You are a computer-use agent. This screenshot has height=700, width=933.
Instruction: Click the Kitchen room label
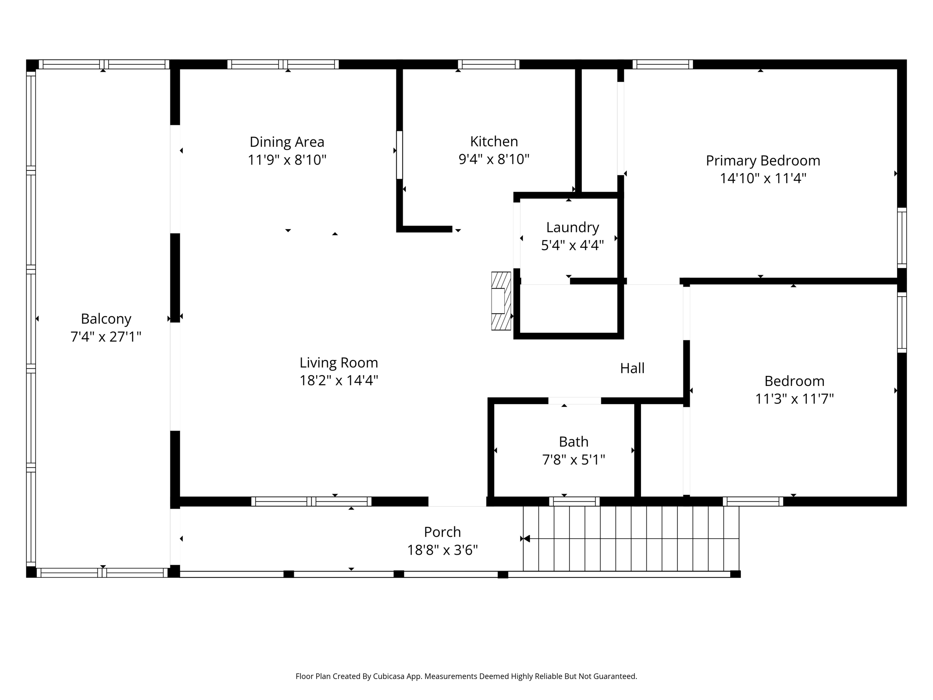coord(494,142)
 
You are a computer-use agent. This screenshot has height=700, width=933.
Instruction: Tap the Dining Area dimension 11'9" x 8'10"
coord(287,160)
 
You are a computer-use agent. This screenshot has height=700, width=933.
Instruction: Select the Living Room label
coord(338,363)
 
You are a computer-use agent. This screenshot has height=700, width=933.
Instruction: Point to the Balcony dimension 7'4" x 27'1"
coord(106,337)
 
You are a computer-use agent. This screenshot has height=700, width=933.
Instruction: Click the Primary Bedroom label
coord(763,160)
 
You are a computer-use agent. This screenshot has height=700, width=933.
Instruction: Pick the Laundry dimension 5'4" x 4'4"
coord(572,246)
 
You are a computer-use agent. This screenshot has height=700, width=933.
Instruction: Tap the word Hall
coord(632,368)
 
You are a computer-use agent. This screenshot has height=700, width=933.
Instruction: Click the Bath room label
coord(574,442)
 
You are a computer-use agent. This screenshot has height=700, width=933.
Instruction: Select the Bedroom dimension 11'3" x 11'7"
coord(795,399)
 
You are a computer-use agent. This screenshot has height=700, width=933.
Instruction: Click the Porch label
coord(442,532)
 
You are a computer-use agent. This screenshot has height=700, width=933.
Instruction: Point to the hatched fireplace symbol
coord(501,301)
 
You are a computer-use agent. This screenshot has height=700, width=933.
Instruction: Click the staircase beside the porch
coord(631,538)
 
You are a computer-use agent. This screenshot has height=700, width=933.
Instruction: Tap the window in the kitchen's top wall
coord(488,64)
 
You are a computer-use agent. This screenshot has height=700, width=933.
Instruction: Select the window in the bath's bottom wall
coord(574,501)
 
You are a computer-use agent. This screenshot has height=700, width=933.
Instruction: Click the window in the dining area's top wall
coord(283,64)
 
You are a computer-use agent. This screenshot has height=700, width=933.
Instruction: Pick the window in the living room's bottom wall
coord(311,501)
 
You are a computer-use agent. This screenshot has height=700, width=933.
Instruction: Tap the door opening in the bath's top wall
coord(574,401)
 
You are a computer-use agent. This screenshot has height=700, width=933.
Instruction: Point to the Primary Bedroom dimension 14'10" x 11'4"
coord(763,178)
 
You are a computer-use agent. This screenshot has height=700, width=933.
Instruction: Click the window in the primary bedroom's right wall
coord(902,237)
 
